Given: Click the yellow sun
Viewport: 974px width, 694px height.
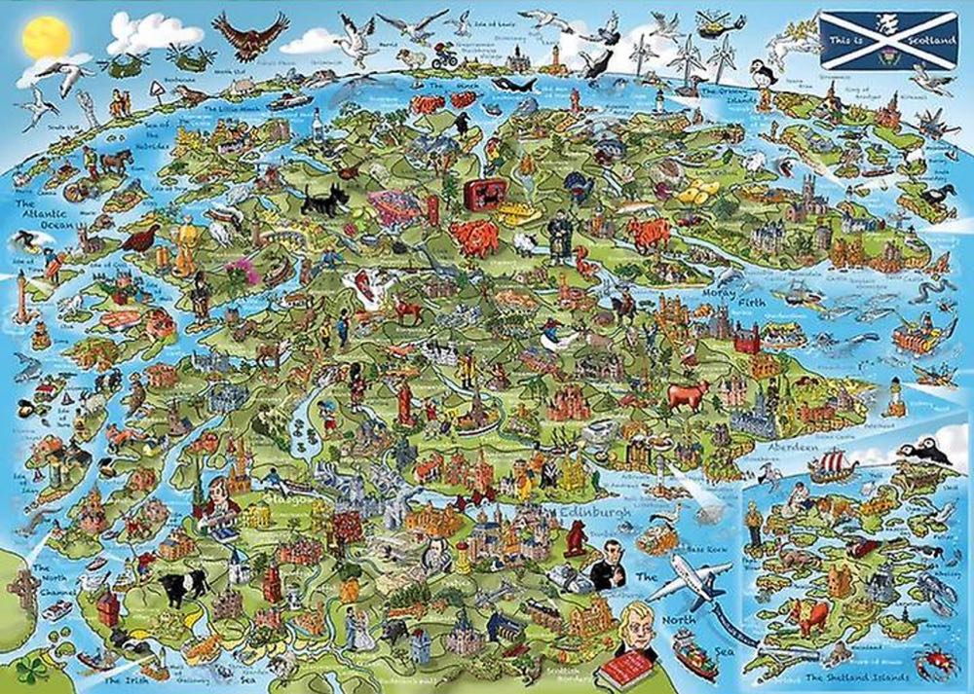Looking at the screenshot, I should click(x=43, y=37).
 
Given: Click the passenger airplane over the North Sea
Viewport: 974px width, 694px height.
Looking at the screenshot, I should click(x=688, y=583).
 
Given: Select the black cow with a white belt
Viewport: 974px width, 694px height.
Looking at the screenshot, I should click(x=183, y=584).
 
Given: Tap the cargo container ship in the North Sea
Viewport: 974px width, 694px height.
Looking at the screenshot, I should click(x=697, y=654).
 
